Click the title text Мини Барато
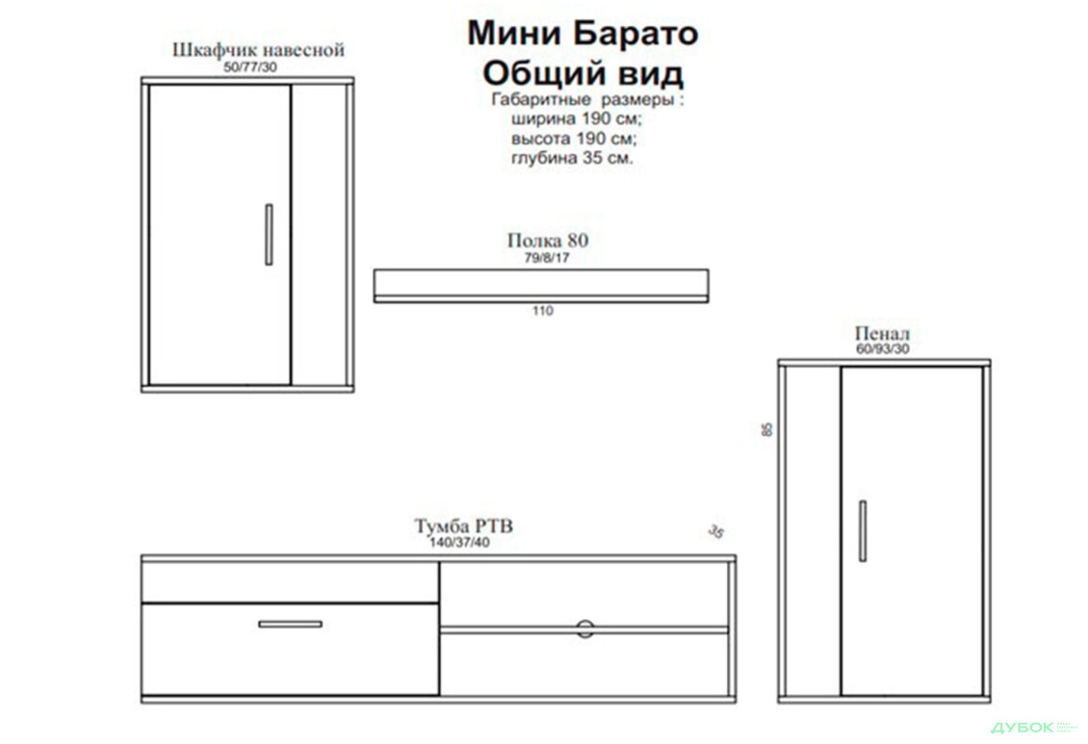[x=583, y=33]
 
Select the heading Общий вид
[x=583, y=73]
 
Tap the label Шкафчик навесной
[x=258, y=50]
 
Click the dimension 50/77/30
[x=249, y=68]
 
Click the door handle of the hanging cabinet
[x=269, y=234]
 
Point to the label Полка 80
[x=547, y=241]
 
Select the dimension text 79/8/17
[x=546, y=258]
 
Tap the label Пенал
[x=881, y=334]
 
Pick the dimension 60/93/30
[x=882, y=349]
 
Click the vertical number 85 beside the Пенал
[x=767, y=429]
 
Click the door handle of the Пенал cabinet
[x=863, y=530]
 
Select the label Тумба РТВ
[x=463, y=526]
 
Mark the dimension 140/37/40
[x=459, y=542]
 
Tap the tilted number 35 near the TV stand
[x=714, y=531]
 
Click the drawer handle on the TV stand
[x=290, y=624]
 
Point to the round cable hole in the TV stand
[x=584, y=629]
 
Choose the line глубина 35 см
[x=572, y=158]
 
